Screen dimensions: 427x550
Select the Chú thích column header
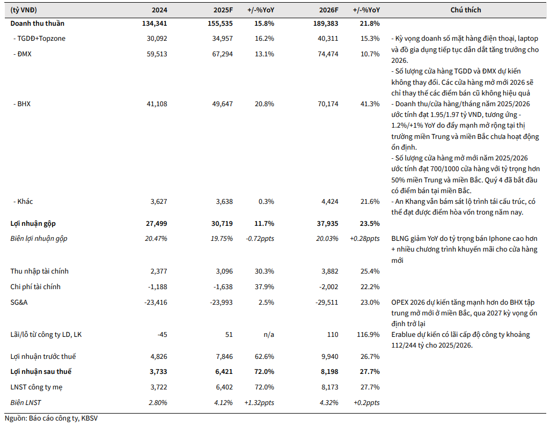(x=465, y=10)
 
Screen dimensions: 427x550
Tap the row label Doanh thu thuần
(x=37, y=24)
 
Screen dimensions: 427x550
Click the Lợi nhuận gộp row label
(x=33, y=223)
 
